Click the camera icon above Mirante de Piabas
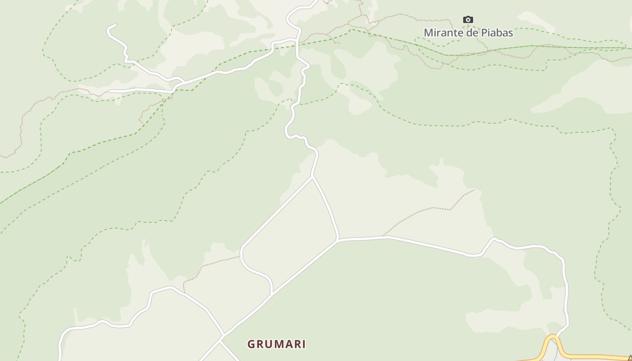click(468, 19)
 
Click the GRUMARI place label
click(276, 344)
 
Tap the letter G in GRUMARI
click(251, 344)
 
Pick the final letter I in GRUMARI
click(304, 344)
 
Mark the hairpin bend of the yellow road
click(553, 337)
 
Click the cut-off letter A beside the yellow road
click(629, 358)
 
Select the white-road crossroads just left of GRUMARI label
click(222, 336)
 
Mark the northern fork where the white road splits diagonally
click(312, 177)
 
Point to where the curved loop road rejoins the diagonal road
click(272, 294)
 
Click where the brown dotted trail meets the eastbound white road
click(384, 236)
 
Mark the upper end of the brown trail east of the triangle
click(474, 190)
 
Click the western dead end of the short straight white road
click(110, 91)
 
